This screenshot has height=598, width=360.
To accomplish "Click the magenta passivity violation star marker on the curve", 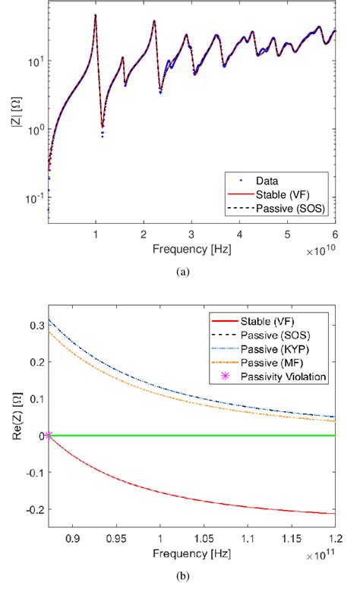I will [x=49, y=435].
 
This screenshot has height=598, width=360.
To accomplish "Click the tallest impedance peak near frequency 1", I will [x=95, y=15].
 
